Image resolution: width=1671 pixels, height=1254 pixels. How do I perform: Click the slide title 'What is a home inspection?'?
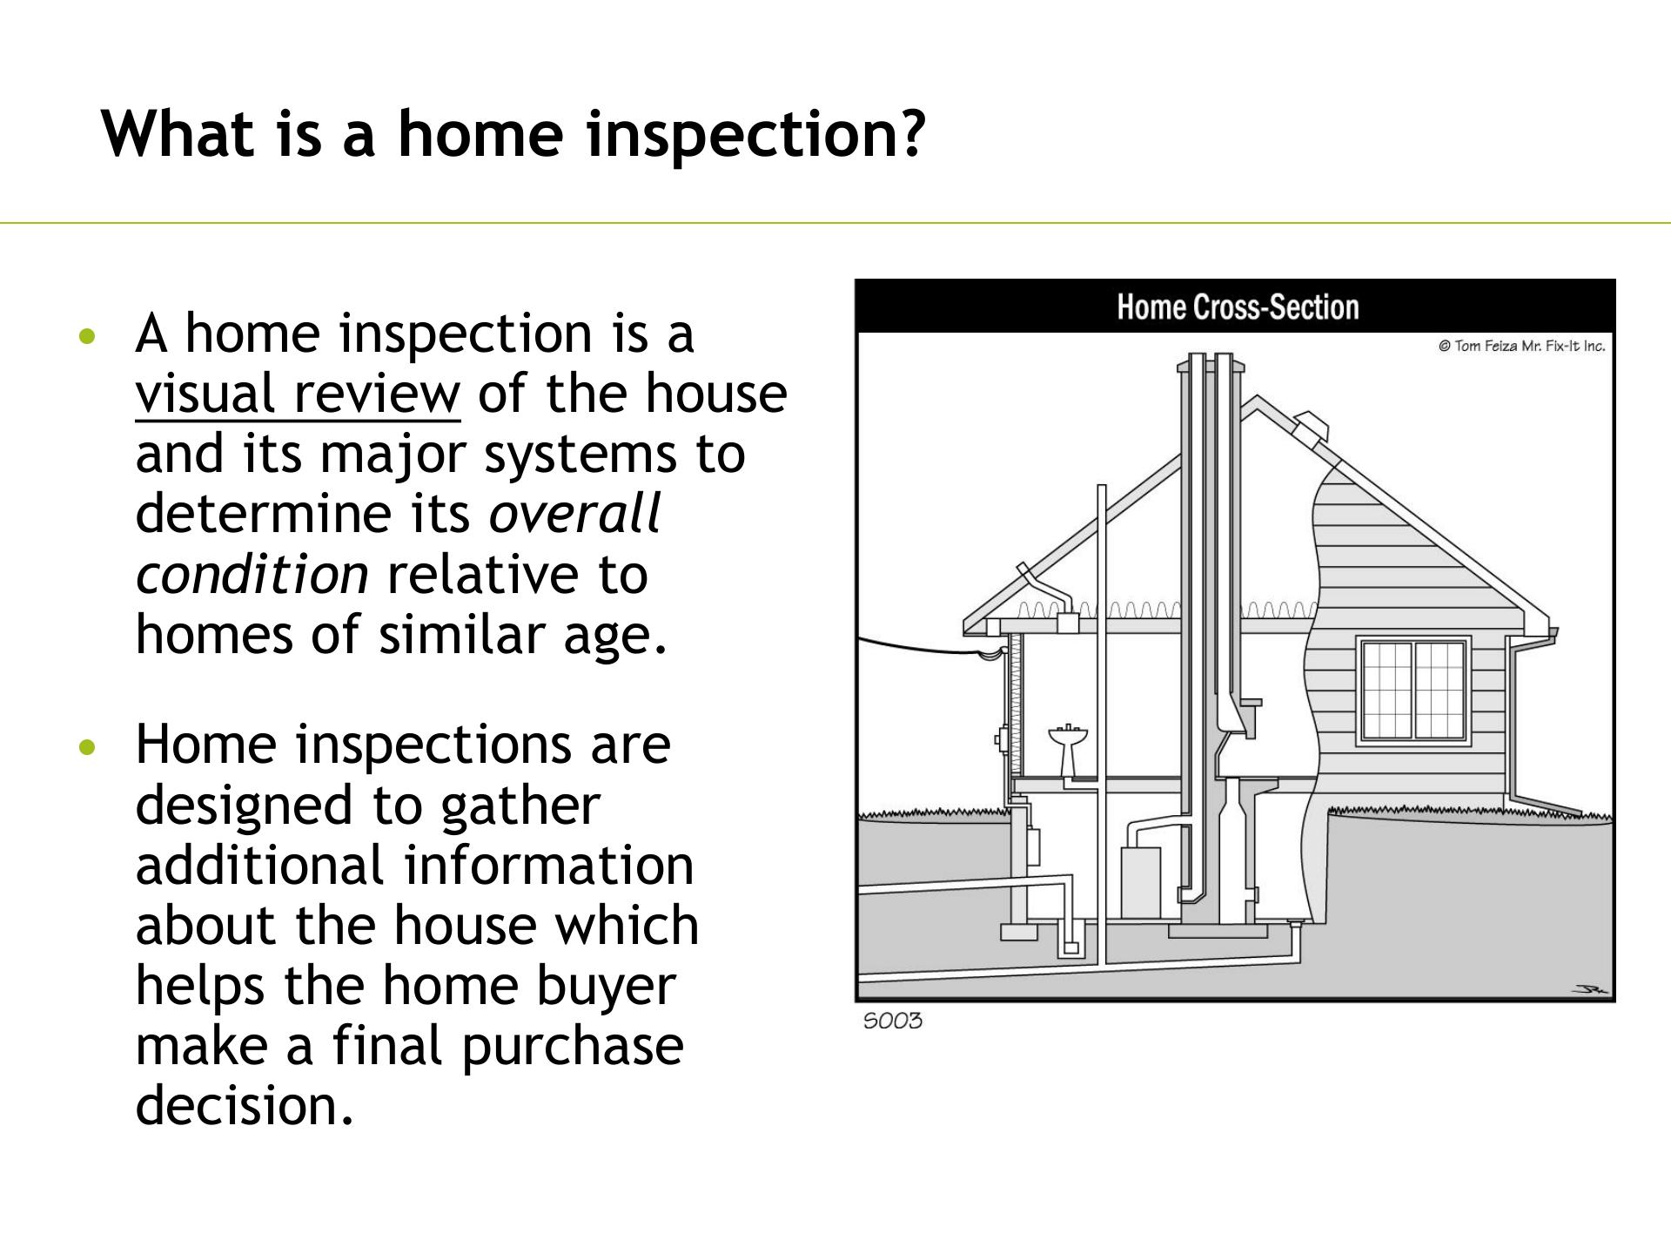click(513, 134)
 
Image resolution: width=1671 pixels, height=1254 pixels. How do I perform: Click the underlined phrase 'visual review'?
click(298, 394)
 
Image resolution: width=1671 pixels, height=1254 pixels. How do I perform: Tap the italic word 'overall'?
click(574, 514)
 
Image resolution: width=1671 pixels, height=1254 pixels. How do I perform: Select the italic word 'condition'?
click(252, 575)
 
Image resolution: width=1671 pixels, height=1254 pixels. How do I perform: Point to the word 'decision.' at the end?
click(245, 1105)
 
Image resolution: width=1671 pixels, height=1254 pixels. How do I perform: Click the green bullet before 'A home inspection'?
click(85, 336)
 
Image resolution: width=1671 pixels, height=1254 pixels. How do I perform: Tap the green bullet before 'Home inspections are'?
click(85, 747)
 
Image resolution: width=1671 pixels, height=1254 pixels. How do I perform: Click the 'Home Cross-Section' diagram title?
click(1238, 307)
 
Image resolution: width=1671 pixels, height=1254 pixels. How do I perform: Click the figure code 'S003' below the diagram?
click(892, 1021)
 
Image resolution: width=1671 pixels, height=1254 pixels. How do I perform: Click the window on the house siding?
click(1413, 691)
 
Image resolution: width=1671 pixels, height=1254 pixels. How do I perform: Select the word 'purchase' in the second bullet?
click(573, 1047)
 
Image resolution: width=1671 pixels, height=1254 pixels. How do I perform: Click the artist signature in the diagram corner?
click(1591, 988)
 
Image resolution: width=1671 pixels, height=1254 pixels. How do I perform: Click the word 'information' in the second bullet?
click(549, 866)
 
